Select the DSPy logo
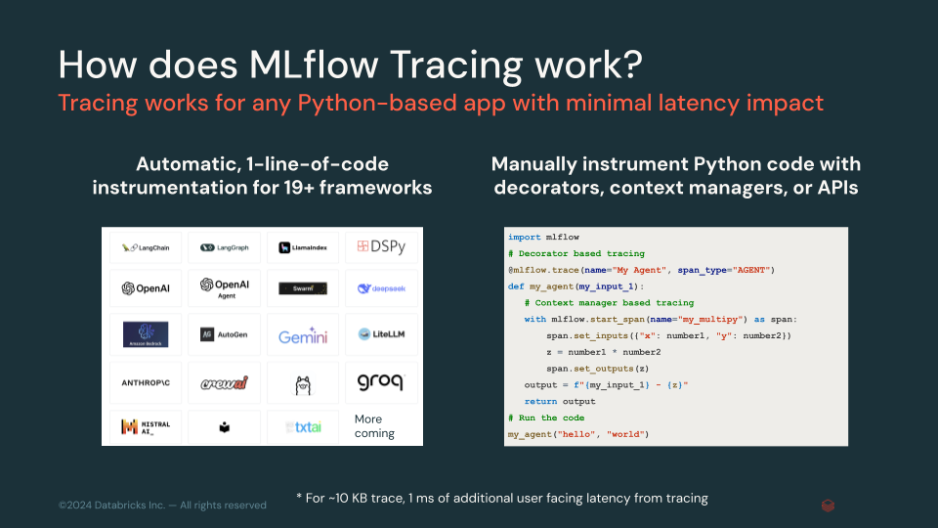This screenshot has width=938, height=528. tap(380, 247)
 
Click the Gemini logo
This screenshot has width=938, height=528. tap(302, 335)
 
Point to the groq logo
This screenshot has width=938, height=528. tap(380, 380)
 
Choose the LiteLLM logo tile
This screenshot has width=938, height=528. tap(380, 334)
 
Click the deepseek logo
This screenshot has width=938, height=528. tap(380, 289)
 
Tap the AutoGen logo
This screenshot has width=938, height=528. tap(224, 334)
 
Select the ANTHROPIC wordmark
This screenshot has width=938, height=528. tap(146, 381)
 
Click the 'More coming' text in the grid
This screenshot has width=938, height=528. tap(374, 426)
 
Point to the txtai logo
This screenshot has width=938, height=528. tap(302, 427)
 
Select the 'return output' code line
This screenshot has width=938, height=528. tap(560, 401)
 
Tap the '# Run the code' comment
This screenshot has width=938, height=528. tap(547, 418)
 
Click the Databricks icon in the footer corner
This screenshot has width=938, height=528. tap(828, 505)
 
